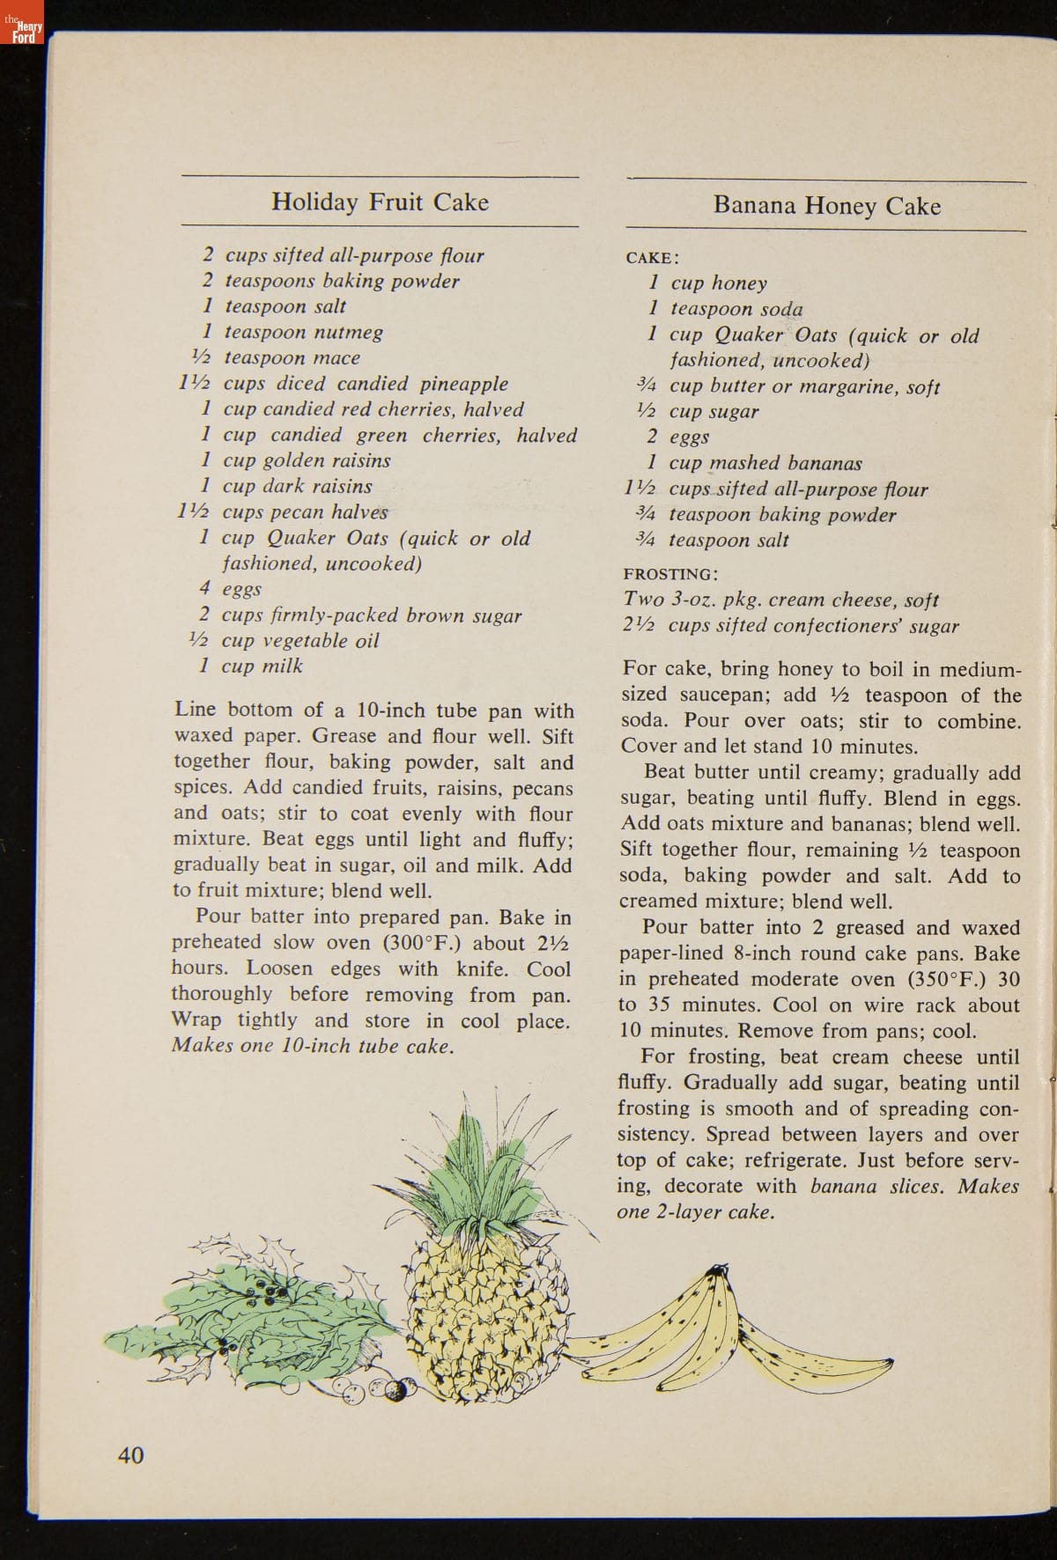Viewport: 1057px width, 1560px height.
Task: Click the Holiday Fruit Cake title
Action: [x=380, y=202]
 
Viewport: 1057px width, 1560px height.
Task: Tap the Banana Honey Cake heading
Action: [x=827, y=206]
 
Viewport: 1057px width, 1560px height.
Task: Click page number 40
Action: [x=130, y=1455]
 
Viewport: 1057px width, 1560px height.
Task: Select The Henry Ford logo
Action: [x=23, y=31]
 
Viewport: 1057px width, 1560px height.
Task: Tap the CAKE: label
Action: [x=652, y=258]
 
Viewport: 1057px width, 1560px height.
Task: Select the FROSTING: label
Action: [x=670, y=575]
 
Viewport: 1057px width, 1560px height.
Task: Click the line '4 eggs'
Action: [x=231, y=589]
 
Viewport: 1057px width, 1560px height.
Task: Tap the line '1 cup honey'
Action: [x=708, y=283]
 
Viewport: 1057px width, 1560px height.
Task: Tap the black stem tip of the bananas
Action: [x=720, y=1269]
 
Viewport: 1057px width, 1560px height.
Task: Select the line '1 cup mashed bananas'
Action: [x=755, y=463]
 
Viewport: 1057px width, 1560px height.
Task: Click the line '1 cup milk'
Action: [x=252, y=666]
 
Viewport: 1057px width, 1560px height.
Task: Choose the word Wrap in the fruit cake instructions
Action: [x=197, y=1020]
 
